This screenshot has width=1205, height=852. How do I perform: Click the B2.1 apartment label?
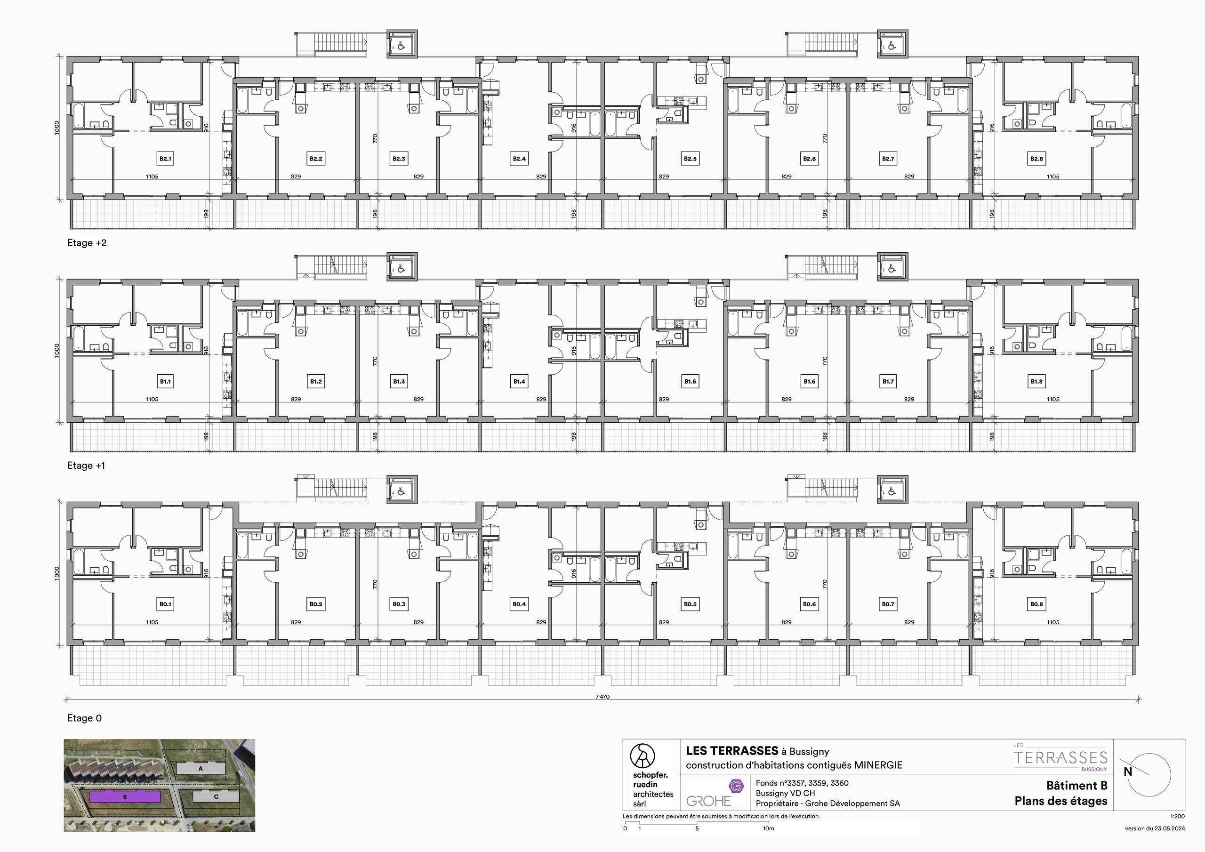click(165, 159)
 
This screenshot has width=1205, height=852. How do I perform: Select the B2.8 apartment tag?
click(1036, 159)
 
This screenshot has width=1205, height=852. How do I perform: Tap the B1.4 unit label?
click(519, 382)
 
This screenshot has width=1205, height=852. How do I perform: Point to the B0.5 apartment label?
click(690, 604)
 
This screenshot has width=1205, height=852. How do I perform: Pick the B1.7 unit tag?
click(888, 382)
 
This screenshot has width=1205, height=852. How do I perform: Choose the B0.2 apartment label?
click(316, 604)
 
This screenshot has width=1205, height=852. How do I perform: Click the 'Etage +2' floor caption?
click(87, 243)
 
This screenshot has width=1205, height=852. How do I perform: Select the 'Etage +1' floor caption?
click(86, 466)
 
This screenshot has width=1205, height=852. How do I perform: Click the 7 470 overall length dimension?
click(602, 697)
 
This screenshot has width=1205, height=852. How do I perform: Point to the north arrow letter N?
click(1128, 772)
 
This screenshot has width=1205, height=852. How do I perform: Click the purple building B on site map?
click(125, 797)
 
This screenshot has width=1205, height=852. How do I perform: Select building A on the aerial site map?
click(201, 769)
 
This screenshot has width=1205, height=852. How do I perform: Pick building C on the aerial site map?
click(216, 796)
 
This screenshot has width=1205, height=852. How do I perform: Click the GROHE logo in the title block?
click(708, 801)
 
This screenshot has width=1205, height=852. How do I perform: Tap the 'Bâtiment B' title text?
click(1076, 785)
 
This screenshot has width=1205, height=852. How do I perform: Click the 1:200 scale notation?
click(1177, 816)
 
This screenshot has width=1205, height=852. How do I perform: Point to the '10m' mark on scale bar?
click(768, 828)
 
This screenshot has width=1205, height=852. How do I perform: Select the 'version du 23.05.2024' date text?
click(1155, 828)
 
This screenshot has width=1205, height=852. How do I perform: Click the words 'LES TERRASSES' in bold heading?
click(731, 751)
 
